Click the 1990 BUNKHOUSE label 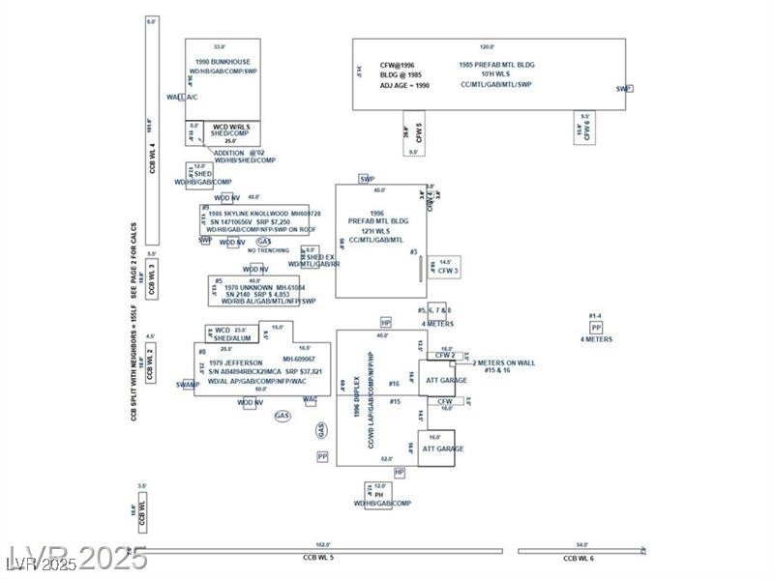click(223, 62)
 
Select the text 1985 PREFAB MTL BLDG click(497, 65)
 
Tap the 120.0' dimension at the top click(487, 46)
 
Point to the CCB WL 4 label click(152, 159)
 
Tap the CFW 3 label click(448, 272)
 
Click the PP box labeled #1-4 click(596, 328)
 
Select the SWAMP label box click(188, 385)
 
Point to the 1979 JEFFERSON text click(235, 362)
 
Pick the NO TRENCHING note click(268, 250)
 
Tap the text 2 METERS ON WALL click(503, 362)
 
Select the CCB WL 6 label click(579, 559)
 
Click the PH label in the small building click(379, 494)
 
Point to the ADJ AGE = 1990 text click(403, 86)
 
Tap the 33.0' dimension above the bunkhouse click(219, 46)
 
